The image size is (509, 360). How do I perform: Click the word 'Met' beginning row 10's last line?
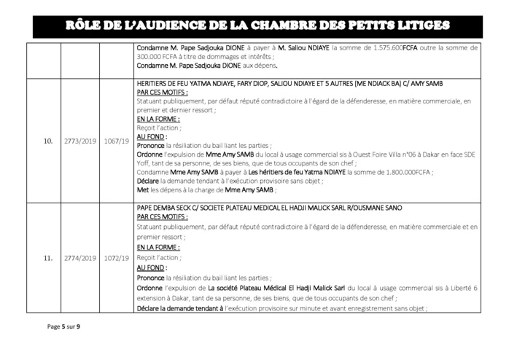pyautogui.click(x=142, y=189)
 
